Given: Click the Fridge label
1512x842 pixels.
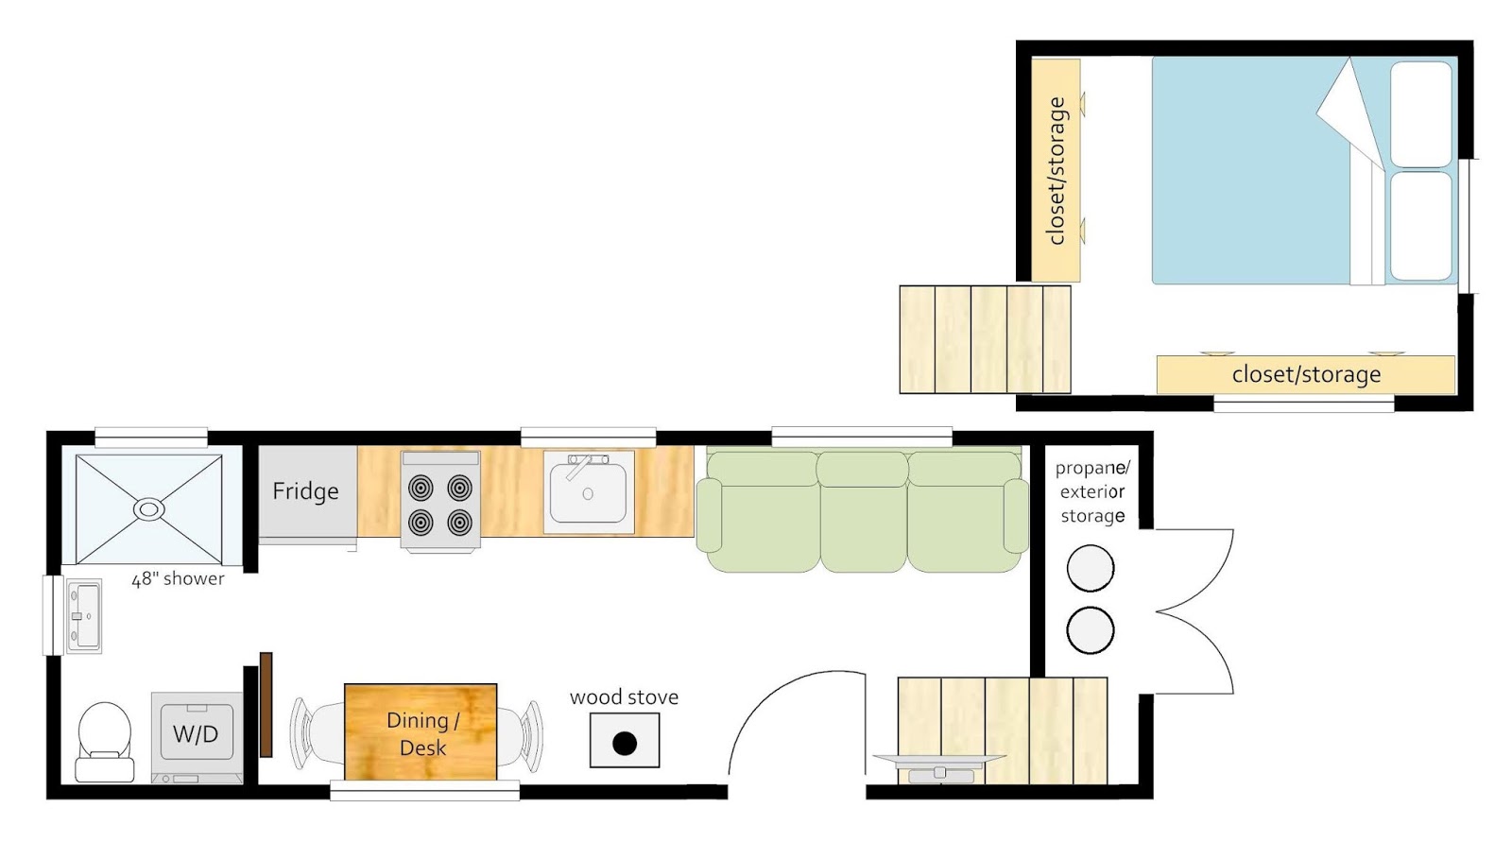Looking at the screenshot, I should tap(305, 491).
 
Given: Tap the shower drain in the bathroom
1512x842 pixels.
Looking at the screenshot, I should tap(149, 509).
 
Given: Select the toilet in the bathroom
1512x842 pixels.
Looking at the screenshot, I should tap(104, 741).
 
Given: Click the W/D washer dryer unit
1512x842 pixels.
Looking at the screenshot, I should tap(197, 734).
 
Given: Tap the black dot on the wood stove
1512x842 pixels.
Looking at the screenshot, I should tap(625, 743).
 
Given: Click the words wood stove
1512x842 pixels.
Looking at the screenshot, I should tap(624, 697).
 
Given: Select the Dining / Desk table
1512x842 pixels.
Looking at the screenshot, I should tap(421, 732).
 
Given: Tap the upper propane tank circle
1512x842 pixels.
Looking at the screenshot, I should tap(1090, 569).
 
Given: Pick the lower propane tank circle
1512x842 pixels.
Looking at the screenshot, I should tap(1090, 630).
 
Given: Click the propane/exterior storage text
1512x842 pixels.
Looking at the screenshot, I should tap(1092, 491).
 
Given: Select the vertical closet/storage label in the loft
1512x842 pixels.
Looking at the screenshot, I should tap(1056, 170).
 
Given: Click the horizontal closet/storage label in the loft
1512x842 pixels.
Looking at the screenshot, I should tap(1306, 374).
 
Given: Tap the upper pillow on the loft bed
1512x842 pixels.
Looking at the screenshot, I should tap(1420, 113).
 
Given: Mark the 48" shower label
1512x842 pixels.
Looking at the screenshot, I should tap(178, 578).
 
